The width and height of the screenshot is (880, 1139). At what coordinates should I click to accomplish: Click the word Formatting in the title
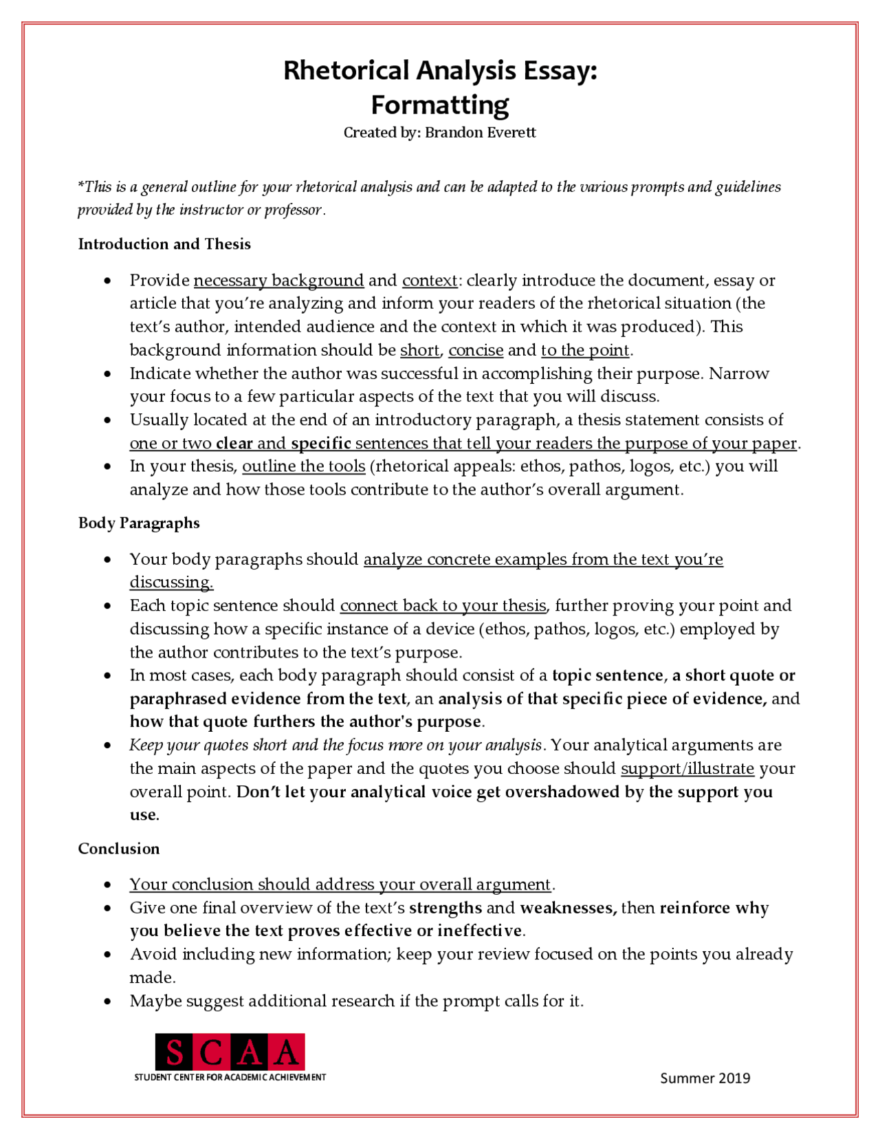pyautogui.click(x=440, y=105)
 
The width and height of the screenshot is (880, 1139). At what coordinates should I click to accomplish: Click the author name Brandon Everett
pyautogui.click(x=480, y=133)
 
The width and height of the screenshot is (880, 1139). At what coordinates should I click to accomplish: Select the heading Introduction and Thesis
pyautogui.click(x=164, y=244)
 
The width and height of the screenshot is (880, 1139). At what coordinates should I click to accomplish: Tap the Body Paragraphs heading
pyautogui.click(x=139, y=523)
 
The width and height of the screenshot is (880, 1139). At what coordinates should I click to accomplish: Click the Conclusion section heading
pyautogui.click(x=118, y=849)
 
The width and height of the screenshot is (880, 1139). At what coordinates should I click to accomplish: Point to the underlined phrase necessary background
pyautogui.click(x=278, y=281)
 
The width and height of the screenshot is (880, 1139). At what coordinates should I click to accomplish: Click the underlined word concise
pyautogui.click(x=476, y=350)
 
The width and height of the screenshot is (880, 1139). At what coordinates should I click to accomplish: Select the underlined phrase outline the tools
pyautogui.click(x=303, y=466)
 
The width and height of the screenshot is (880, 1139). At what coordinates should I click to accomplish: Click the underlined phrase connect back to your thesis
pyautogui.click(x=443, y=606)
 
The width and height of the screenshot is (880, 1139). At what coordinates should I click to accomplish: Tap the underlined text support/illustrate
pyautogui.click(x=687, y=768)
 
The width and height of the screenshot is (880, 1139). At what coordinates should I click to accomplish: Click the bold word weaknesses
pyautogui.click(x=567, y=908)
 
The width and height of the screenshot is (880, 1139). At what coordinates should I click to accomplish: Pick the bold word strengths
pyautogui.click(x=445, y=908)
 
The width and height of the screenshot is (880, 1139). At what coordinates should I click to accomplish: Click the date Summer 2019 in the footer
pyautogui.click(x=705, y=1078)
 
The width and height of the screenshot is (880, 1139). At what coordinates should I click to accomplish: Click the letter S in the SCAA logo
pyautogui.click(x=175, y=1053)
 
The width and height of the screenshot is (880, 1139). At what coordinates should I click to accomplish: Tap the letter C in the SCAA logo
pyautogui.click(x=212, y=1053)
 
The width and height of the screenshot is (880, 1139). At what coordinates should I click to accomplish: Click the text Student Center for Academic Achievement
pyautogui.click(x=230, y=1077)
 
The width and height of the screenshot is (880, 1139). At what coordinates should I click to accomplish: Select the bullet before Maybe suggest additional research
pyautogui.click(x=107, y=1001)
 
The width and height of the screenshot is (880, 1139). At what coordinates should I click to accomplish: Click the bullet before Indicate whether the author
pyautogui.click(x=107, y=374)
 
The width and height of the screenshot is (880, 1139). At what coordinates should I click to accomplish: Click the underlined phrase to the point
pyautogui.click(x=585, y=350)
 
